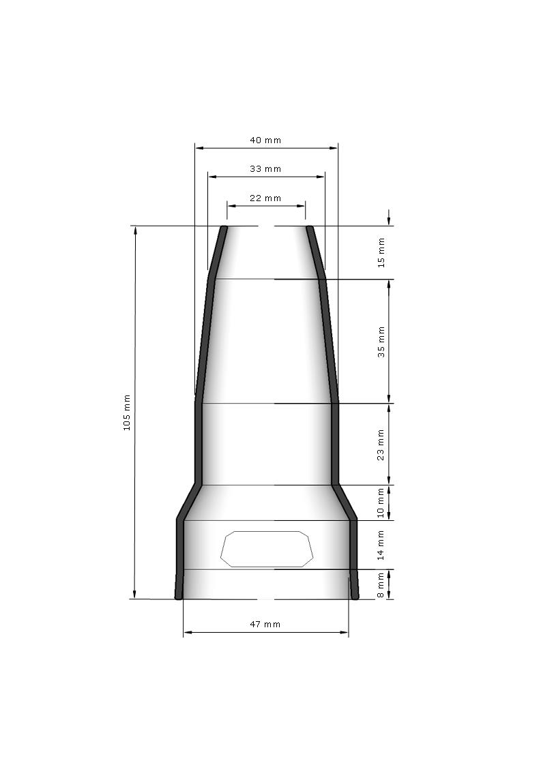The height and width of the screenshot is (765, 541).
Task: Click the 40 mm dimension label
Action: point(265,140)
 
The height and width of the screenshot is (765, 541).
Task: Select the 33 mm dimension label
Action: point(265,169)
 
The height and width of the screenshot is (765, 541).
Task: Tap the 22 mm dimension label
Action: point(265,198)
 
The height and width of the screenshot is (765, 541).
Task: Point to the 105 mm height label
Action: point(126,412)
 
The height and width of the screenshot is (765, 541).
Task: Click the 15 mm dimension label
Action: point(381,252)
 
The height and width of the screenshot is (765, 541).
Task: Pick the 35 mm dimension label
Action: point(381,342)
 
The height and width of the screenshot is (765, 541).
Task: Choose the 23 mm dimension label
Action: point(381,445)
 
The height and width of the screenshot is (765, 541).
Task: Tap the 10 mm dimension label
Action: point(381,502)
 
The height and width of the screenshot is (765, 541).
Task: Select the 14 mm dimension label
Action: point(381,545)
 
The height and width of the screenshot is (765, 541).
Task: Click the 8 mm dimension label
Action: point(381,586)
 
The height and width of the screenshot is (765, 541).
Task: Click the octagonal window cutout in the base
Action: point(268,549)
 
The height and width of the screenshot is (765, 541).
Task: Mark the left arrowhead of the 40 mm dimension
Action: point(199,147)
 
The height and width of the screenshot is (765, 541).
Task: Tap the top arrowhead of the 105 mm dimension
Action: point(135,230)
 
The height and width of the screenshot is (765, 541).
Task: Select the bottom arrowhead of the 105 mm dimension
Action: point(135,595)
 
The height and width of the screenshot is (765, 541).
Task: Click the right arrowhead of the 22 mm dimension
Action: point(302,205)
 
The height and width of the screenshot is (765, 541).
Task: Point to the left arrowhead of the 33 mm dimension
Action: point(211,177)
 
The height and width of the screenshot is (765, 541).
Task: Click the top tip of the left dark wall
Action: point(223,228)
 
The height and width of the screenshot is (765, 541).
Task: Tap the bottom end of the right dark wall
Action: point(355,597)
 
